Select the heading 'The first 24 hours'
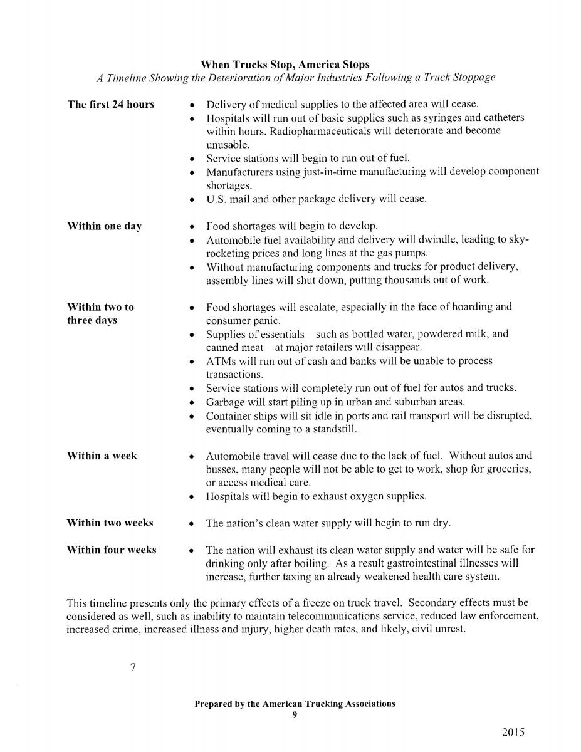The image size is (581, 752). tap(110, 105)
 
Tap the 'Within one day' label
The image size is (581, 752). tap(104, 226)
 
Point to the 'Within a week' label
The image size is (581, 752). tap(102, 456)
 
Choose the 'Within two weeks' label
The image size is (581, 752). tap(110, 523)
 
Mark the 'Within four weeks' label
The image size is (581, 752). tap(112, 550)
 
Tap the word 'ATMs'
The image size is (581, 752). tap(220, 361)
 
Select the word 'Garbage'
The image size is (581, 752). tap(225, 402)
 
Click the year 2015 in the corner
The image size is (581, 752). tap(513, 733)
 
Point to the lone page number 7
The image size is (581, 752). tap(133, 667)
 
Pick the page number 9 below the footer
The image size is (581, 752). tap(295, 714)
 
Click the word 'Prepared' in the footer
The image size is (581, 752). tap(213, 704)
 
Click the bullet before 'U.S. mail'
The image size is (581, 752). tap(192, 200)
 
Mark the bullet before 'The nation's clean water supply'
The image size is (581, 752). tap(192, 523)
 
